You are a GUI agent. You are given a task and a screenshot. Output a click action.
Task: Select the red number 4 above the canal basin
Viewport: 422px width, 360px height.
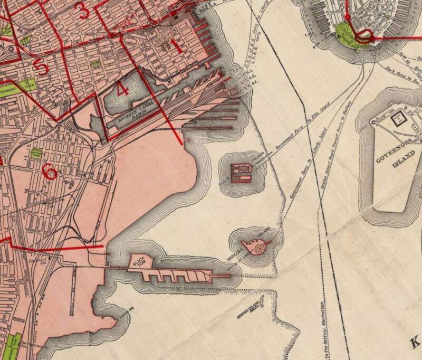point(123,89)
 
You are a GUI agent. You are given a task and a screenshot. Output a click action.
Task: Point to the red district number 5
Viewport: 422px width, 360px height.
point(40,67)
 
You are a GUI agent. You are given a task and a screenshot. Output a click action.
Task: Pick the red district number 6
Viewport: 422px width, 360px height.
point(49,171)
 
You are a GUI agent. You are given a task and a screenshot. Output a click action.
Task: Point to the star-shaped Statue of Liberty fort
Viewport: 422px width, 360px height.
point(258,247)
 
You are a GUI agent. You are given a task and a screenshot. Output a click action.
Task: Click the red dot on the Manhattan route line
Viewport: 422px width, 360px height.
point(373,38)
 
